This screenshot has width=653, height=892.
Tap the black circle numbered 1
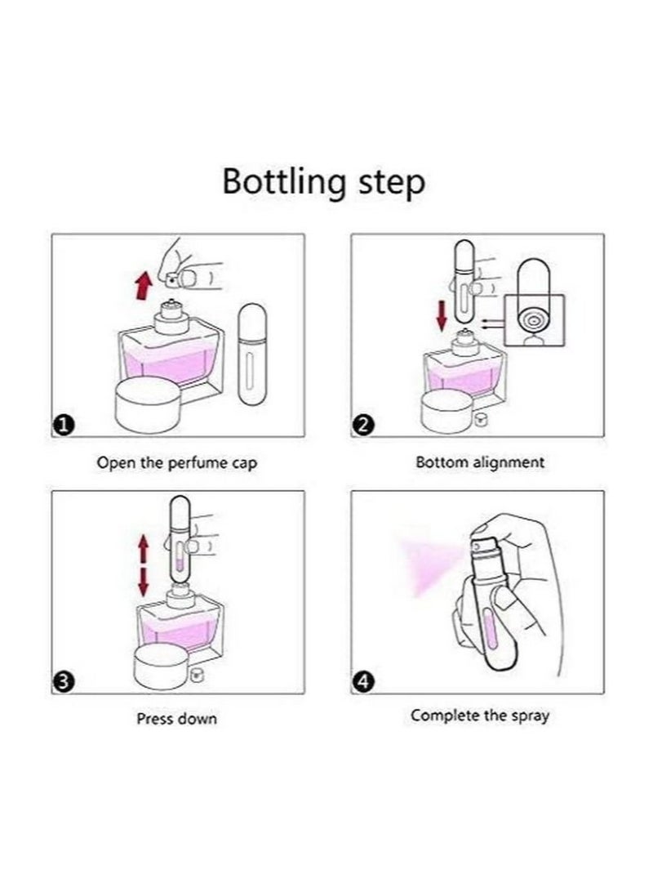[64, 425]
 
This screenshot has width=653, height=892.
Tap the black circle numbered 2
[363, 425]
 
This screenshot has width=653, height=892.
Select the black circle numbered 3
[64, 681]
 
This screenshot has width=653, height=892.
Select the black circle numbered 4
[363, 681]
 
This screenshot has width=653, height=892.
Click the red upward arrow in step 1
[144, 286]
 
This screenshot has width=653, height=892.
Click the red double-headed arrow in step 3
[143, 565]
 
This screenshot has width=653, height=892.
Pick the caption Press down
[177, 719]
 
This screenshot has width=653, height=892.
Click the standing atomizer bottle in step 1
[252, 354]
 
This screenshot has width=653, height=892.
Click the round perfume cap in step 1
[149, 405]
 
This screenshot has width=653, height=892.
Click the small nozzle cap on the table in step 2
[481, 421]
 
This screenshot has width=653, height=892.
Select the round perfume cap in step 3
[162, 667]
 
